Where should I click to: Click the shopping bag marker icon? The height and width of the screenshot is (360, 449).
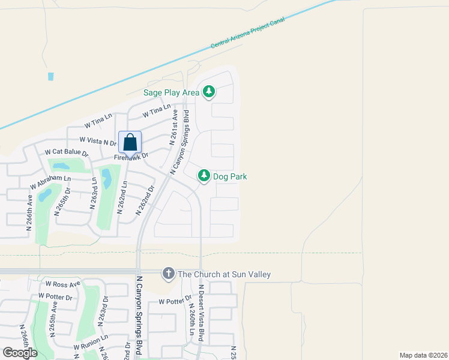(130, 143)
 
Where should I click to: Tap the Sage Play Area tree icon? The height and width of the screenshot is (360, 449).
(209, 92)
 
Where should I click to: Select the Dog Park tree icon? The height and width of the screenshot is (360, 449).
(204, 176)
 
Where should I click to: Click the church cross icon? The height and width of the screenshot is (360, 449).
(168, 274)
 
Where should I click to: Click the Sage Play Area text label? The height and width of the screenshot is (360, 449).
(171, 92)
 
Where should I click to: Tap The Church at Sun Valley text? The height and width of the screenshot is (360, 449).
(224, 274)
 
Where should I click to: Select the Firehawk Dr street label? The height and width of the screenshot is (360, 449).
(131, 155)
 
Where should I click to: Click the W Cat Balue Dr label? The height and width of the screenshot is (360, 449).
(67, 153)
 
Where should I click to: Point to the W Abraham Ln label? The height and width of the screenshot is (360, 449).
(50, 179)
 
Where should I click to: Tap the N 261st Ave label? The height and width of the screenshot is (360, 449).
(174, 128)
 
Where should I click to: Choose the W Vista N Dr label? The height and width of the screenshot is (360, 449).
(98, 141)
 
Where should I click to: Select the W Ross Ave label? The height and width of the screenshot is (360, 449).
(62, 284)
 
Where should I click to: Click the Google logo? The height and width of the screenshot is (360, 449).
(20, 352)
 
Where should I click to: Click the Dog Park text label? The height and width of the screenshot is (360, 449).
(230, 176)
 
